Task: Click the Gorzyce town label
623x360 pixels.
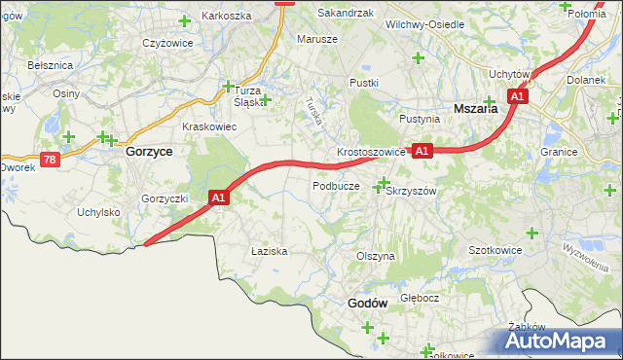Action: (x=149, y=153)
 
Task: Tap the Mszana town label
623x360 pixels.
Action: (x=476, y=109)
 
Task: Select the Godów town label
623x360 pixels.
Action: (x=367, y=303)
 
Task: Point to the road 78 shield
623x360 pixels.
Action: (x=50, y=159)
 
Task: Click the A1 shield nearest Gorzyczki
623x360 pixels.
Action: (x=219, y=198)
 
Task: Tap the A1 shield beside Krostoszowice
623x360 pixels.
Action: (x=421, y=151)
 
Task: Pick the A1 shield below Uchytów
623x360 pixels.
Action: (x=518, y=96)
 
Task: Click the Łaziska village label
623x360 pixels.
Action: (x=269, y=250)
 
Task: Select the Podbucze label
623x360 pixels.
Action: (x=336, y=185)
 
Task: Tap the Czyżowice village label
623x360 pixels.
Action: (x=164, y=43)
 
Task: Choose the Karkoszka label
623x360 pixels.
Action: (x=226, y=16)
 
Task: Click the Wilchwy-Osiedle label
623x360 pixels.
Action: (x=424, y=23)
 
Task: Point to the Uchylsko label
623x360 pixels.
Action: (x=97, y=211)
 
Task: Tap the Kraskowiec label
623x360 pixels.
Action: (x=209, y=126)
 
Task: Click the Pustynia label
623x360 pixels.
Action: (x=420, y=119)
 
